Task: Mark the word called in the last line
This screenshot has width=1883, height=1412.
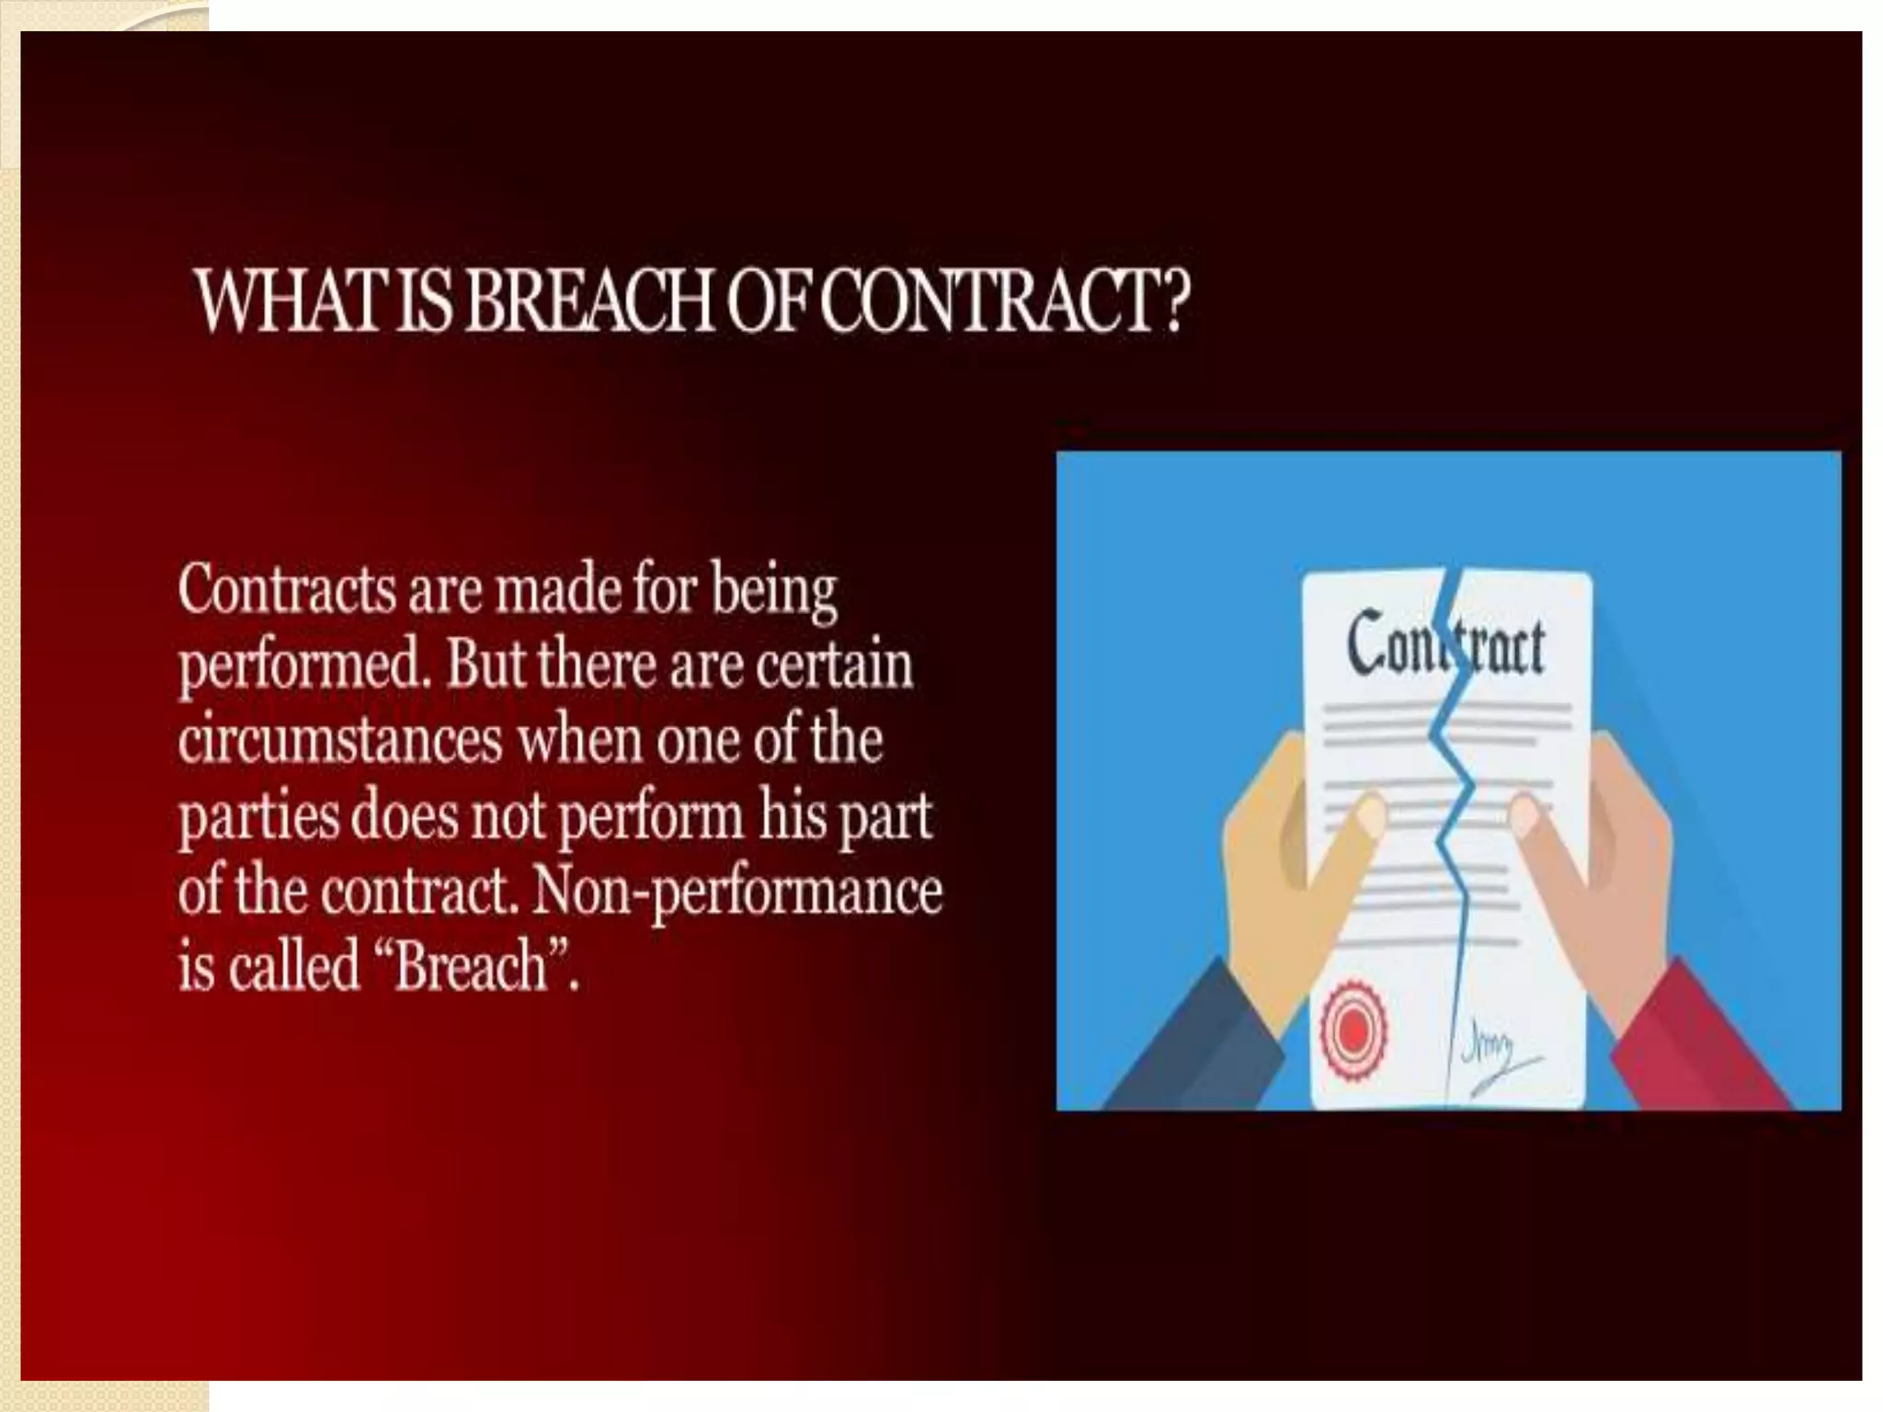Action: (294, 967)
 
